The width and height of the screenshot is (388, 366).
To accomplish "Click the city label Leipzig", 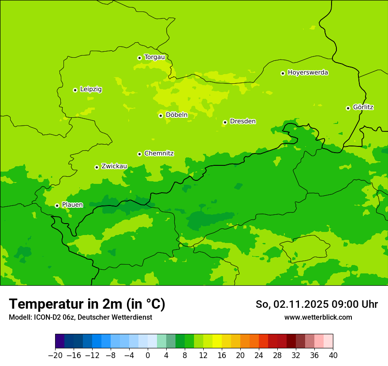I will [x=91, y=89].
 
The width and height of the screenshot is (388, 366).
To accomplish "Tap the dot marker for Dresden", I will [x=225, y=122].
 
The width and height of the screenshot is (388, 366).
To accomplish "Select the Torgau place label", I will [x=154, y=57].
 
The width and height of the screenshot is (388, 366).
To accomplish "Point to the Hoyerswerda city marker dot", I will [x=283, y=73].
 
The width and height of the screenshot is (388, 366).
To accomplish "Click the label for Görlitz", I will [x=363, y=107].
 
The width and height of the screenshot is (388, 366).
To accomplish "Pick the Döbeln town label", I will [x=176, y=115].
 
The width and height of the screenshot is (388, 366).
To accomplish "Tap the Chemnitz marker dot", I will [x=139, y=154].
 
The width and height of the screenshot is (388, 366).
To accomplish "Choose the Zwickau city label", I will [x=114, y=166].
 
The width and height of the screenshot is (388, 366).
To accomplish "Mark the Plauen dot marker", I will [x=57, y=205].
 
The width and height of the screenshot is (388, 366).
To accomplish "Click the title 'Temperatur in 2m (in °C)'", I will [x=87, y=304].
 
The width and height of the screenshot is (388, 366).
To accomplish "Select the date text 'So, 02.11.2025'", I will [x=291, y=304].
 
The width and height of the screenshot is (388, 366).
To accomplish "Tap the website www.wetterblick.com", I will [x=318, y=317].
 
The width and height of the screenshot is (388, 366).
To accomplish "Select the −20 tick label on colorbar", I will [x=55, y=355].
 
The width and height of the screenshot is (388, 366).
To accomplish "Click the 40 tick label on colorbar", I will [x=333, y=355].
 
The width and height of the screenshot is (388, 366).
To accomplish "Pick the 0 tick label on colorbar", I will [x=148, y=355].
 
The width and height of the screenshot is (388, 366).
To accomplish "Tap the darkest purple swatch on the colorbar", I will [x=60, y=341].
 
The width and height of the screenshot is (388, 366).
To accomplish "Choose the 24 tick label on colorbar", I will [x=259, y=355].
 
